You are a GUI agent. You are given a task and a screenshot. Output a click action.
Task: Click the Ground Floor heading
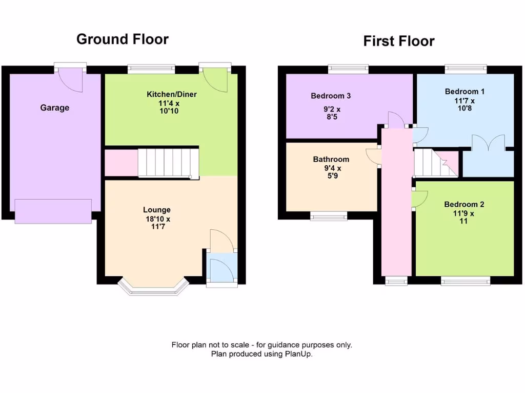click(122, 39)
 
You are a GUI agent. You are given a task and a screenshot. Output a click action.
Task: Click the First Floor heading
click(399, 41)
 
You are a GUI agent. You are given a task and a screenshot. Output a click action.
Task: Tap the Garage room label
click(55, 108)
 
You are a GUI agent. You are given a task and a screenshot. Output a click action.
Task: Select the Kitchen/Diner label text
click(172, 94)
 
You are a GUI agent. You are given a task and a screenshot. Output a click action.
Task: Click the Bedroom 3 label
click(331, 96)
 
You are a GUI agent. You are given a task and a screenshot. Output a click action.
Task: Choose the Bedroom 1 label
click(465, 92)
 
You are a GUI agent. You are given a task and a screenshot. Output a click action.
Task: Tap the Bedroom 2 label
click(464, 205)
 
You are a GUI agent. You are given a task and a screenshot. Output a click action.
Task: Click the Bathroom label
click(331, 159)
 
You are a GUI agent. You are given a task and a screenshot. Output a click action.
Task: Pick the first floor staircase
click(435, 163)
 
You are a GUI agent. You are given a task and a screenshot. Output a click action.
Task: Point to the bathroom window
click(329, 216)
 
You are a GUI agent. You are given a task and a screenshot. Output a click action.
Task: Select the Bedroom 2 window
click(466, 280)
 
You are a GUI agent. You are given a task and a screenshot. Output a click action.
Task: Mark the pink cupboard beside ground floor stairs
click(120, 163)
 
